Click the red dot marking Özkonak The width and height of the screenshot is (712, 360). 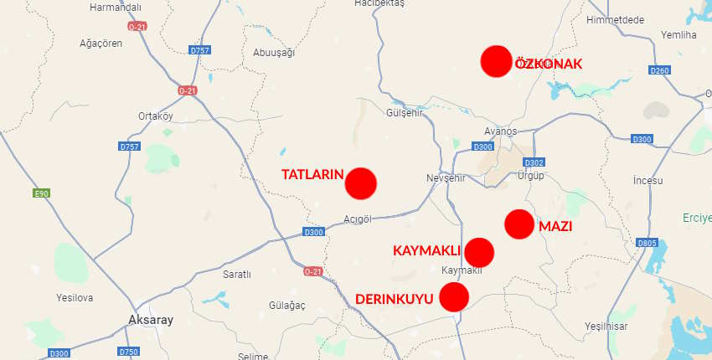pos(496,62)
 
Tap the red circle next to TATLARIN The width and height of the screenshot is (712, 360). pos(361,183)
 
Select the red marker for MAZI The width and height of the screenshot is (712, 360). pos(519,224)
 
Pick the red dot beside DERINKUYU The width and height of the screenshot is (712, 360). pos(454,297)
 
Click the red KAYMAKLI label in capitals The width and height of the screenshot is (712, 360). pos(427,250)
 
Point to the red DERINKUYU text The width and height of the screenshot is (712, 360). pos(394,299)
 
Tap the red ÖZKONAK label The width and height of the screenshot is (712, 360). pos(548,64)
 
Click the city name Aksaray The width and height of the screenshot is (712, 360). pos(151,321)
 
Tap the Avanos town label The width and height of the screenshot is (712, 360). pos(501,131)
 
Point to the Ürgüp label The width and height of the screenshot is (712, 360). pos(530,176)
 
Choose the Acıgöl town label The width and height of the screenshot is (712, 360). pos(358,219)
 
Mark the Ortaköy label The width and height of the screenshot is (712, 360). pos(155,116)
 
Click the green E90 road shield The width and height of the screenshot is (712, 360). pos(41,193)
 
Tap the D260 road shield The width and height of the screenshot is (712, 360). pos(659,70)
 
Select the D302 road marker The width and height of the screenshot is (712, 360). pos(534,162)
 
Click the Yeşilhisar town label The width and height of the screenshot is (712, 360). pos(606,326)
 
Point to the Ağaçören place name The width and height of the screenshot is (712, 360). pos(101,44)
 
